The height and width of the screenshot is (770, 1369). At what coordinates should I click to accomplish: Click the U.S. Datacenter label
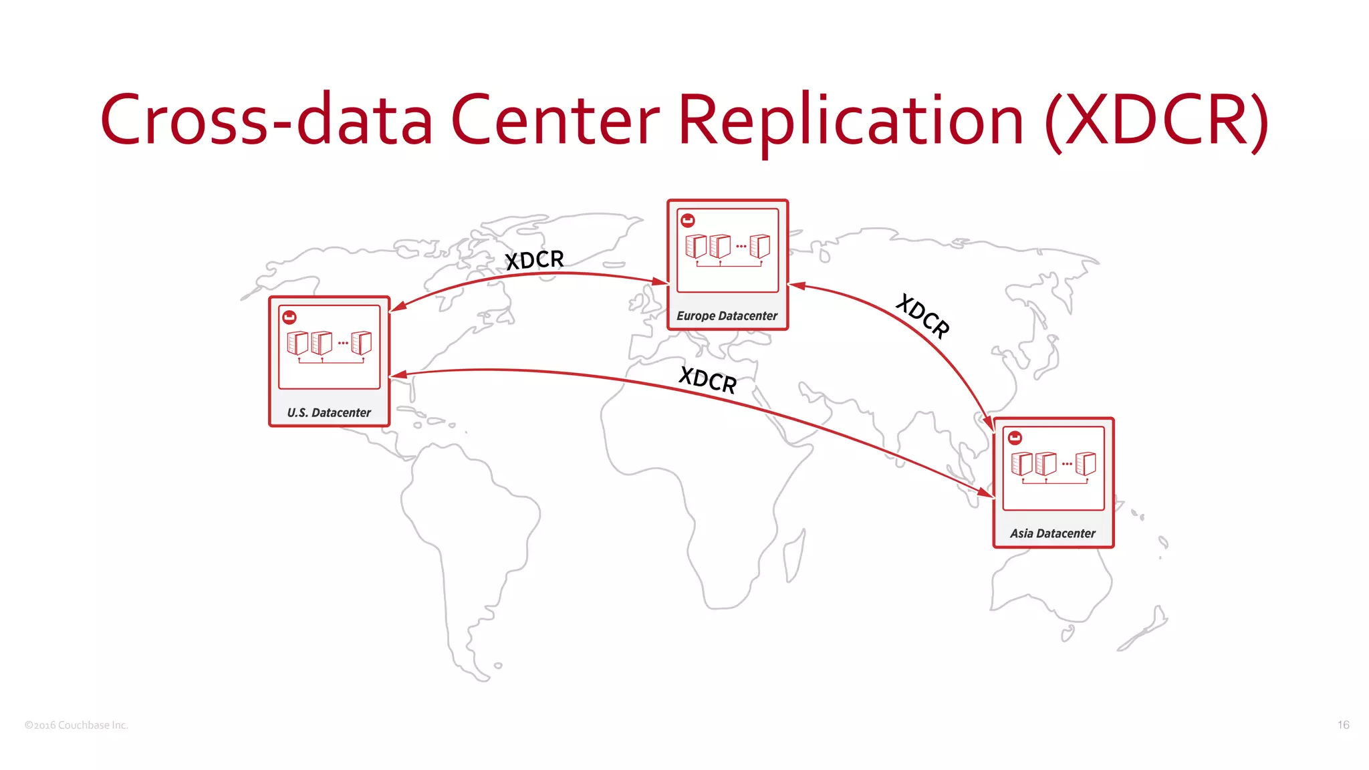coord(329,412)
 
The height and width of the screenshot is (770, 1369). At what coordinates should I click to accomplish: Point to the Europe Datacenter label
coord(727,315)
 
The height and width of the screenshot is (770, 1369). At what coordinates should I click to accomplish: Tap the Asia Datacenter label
coord(1053,533)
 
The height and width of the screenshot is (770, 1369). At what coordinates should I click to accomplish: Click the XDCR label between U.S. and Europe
coord(534,259)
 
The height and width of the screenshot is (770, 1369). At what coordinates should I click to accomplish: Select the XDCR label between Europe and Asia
coord(923,315)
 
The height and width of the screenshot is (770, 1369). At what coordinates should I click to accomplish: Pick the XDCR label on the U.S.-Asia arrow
coord(707,380)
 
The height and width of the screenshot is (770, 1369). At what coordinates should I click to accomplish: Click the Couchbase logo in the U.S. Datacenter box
coord(289,317)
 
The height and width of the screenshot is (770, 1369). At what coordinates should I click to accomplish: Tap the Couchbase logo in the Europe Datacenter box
coord(687,220)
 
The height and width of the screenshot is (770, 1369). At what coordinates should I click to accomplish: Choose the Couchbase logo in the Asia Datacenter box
coord(1015,438)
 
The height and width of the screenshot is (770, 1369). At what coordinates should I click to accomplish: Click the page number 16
coord(1343,725)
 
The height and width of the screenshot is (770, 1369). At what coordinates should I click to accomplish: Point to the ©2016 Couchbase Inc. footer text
coord(76,725)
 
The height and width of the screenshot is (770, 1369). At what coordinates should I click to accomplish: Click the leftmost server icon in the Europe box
coord(696,246)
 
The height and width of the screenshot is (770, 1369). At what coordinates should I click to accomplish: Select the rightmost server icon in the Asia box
coord(1086,463)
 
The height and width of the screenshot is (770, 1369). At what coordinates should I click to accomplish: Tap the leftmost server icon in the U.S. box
coord(297,343)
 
